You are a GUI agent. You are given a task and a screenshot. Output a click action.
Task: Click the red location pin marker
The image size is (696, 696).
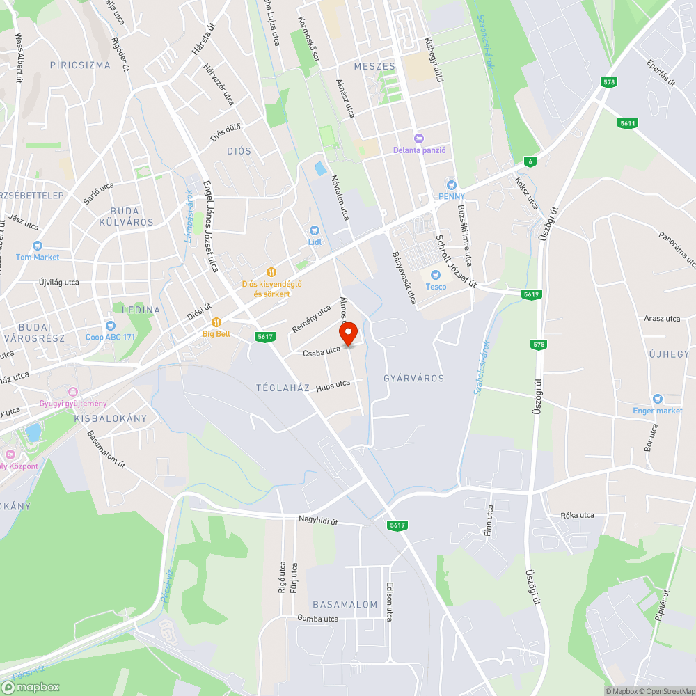point(348,332)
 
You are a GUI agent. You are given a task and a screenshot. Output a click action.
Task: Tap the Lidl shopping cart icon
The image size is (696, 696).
point(314,230)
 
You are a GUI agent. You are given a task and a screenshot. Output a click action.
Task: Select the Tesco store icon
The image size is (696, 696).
point(436,274)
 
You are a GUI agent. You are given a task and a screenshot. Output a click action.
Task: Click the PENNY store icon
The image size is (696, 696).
point(451,185)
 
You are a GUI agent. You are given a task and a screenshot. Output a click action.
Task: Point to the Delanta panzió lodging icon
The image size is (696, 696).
point(418,138)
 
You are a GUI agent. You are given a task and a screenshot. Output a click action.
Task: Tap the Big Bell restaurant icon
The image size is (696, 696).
point(216,322)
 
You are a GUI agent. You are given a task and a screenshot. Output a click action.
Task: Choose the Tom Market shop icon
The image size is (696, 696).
point(38,246)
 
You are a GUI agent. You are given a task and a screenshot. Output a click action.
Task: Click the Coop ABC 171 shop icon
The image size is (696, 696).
point(109,326)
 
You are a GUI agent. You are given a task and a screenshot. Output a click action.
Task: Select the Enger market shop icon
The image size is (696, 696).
point(658,400)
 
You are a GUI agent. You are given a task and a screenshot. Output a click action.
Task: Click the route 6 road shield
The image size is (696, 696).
point(531,161)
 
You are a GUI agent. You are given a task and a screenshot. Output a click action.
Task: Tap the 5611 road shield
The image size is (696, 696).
point(628,123)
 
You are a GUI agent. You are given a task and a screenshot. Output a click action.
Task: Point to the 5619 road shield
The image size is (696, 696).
point(531,294)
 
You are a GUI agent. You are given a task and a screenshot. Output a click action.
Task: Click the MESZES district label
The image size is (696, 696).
point(374,67)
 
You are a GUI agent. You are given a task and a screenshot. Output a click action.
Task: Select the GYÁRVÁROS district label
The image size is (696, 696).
point(413,378)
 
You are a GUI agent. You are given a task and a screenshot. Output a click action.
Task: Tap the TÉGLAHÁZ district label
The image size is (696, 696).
point(282,388)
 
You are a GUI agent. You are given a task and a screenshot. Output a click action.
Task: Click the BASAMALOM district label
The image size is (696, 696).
point(345,604)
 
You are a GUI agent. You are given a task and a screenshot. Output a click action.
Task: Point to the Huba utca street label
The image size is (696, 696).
point(333,385)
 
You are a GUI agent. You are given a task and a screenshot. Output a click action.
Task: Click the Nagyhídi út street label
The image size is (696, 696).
point(318,520)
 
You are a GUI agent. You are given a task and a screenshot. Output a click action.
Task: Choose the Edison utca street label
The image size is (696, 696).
point(390,601)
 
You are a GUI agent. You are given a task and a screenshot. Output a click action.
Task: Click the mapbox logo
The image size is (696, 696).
point(31,687)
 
